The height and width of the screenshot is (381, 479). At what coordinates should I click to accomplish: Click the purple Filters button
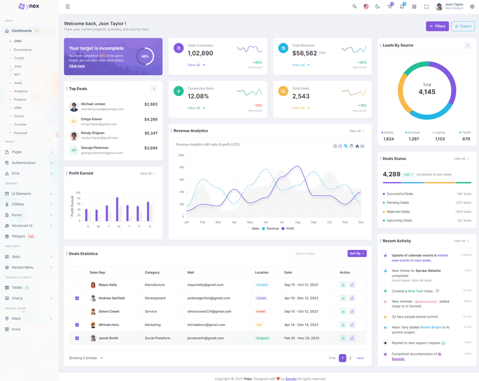(437, 26)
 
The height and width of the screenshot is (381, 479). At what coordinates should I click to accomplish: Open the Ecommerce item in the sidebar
(23, 50)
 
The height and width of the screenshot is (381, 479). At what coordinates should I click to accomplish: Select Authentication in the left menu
(24, 163)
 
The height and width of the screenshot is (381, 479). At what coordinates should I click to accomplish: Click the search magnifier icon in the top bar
(354, 7)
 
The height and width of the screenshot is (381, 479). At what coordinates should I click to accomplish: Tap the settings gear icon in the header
(472, 7)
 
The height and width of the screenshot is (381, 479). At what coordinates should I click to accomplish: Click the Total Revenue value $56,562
(305, 53)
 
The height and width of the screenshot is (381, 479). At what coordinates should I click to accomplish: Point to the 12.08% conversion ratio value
(198, 96)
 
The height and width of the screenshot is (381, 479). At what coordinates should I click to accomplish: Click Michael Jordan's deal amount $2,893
(151, 104)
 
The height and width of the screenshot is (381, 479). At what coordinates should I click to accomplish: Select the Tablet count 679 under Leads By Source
(466, 139)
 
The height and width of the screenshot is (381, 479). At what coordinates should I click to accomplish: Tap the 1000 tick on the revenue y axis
(181, 155)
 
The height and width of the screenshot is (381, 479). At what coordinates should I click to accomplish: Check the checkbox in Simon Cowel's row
(77, 312)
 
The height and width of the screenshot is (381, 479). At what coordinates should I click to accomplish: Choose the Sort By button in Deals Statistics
(357, 253)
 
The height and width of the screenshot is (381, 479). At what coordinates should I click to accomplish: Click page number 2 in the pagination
(350, 358)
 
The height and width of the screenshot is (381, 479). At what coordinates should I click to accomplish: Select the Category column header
(152, 273)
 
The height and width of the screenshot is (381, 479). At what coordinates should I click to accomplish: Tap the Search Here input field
(318, 253)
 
